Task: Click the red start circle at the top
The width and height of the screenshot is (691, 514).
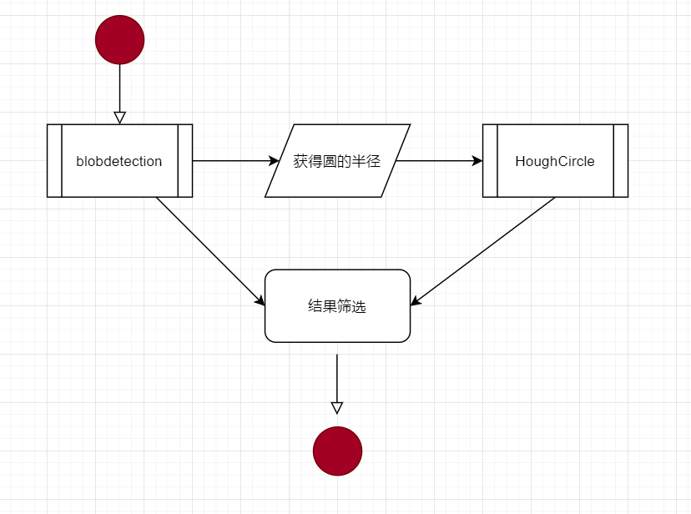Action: [x=119, y=39]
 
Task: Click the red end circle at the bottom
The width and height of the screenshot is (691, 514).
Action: [x=337, y=451]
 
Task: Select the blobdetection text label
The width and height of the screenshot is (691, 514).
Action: [x=119, y=161]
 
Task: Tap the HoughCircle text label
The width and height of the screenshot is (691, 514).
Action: [x=555, y=161]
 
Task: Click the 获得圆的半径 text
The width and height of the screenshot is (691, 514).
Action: [x=337, y=161]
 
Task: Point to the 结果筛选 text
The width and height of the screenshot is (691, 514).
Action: [x=337, y=306]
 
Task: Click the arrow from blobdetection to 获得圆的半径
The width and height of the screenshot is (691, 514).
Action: [x=234, y=161]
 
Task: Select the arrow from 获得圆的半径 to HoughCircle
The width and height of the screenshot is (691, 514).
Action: [x=434, y=161]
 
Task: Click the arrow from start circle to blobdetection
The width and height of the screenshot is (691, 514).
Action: [x=119, y=88]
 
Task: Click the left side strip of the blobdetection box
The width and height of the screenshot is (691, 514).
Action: [x=54, y=161]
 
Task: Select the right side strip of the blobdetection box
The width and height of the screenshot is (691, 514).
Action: [x=185, y=161]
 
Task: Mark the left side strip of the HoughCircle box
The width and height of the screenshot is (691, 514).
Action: [x=490, y=161]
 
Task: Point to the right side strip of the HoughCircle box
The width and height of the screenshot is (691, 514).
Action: [x=621, y=161]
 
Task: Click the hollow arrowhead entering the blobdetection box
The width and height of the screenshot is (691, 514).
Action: [x=119, y=118]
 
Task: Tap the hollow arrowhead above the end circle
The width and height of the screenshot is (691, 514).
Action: [x=337, y=408]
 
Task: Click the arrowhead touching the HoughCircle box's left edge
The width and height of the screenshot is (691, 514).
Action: [x=477, y=161]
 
